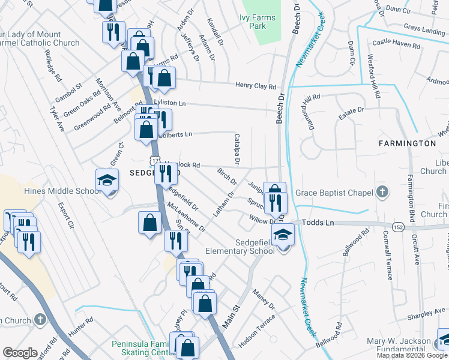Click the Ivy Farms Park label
258,23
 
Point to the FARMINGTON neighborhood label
407,143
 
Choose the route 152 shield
397,226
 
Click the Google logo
20,352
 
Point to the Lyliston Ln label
170,103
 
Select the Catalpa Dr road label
237,149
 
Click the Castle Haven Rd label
394,43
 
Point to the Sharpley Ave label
425,314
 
